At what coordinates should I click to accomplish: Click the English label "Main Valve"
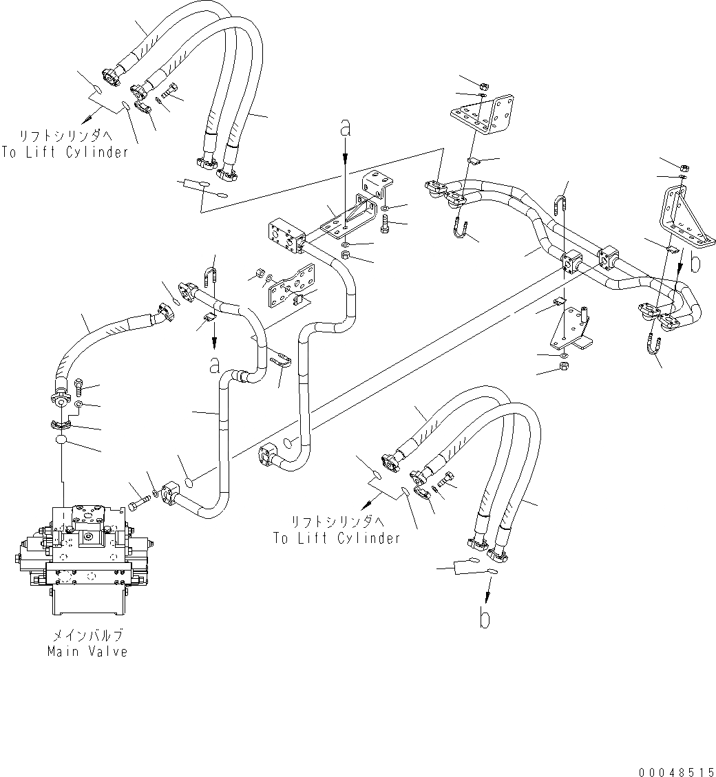point(87,652)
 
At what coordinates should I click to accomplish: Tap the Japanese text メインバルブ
point(88,635)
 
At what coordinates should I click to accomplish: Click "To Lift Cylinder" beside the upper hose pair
point(65,153)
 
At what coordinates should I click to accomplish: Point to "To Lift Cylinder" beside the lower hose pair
point(337,538)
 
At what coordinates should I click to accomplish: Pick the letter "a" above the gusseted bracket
point(346,129)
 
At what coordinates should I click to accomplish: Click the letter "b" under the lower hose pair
point(485,618)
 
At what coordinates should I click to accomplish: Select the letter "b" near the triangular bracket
point(697,263)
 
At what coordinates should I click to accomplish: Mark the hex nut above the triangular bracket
point(684,167)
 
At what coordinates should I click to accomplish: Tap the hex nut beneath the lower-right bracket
point(563,365)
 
